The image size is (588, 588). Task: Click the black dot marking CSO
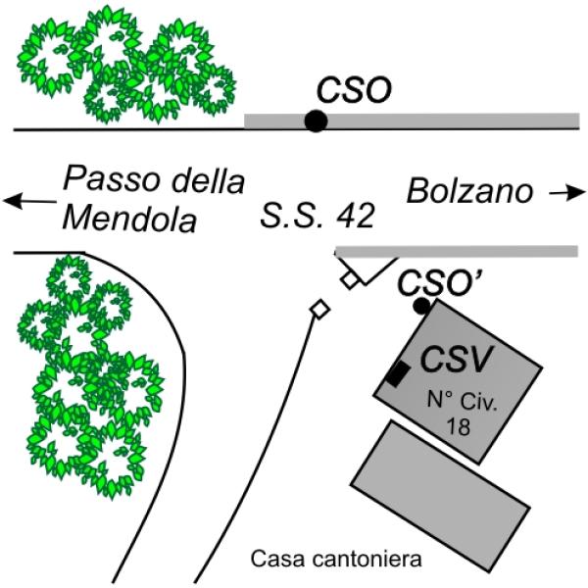(316, 121)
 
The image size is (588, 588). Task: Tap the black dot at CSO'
(421, 306)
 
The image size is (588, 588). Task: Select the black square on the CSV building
(399, 374)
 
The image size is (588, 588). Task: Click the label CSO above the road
(354, 90)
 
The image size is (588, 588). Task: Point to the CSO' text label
(439, 283)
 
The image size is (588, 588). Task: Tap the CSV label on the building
(456, 359)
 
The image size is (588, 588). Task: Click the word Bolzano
(469, 191)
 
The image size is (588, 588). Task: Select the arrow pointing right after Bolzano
(567, 193)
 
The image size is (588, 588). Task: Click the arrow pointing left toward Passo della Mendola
(29, 201)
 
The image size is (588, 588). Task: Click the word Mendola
(129, 220)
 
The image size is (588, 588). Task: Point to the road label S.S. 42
(318, 216)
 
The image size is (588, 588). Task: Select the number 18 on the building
(458, 426)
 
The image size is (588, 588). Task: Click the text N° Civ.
(462, 401)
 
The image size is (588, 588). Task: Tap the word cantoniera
(367, 560)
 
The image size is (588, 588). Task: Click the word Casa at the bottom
(279, 560)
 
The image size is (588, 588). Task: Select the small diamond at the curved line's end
(319, 310)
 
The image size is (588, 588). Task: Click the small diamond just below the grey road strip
(350, 279)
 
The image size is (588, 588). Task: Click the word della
(208, 180)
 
